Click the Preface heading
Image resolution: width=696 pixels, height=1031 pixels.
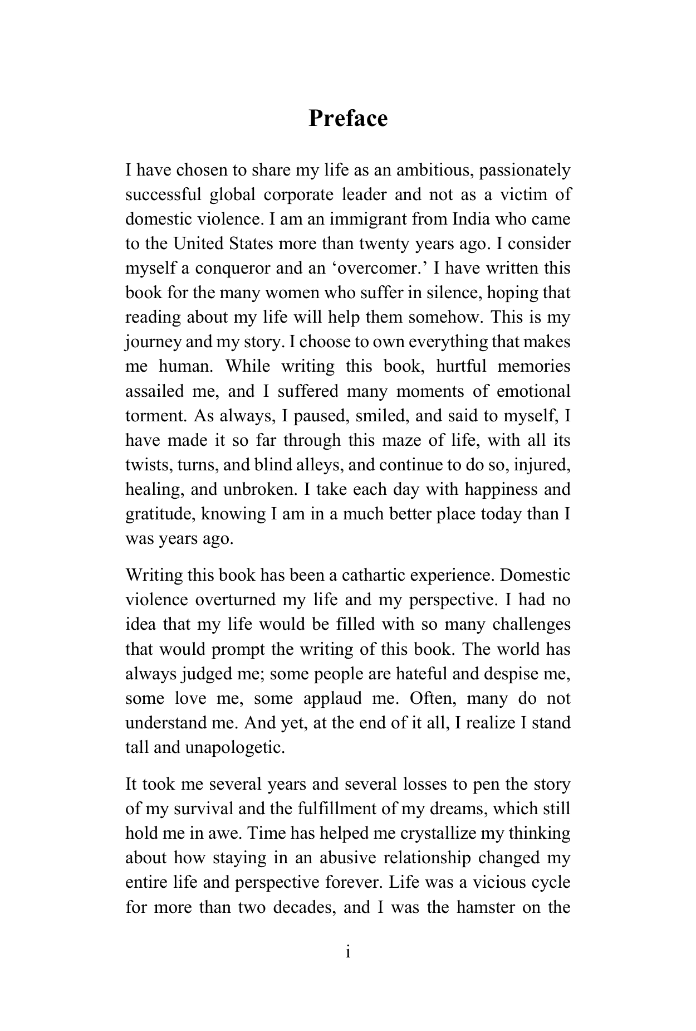pos(348,119)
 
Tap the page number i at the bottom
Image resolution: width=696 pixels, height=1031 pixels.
pos(348,952)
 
